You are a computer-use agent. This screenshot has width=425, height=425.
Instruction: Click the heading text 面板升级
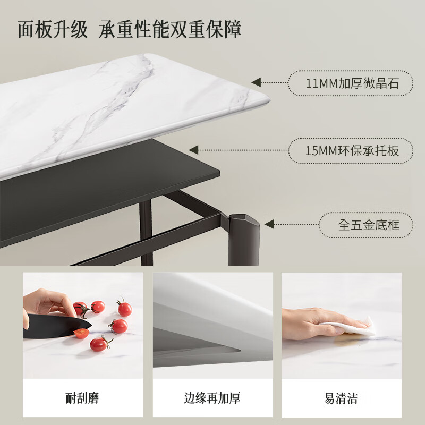tap(53, 30)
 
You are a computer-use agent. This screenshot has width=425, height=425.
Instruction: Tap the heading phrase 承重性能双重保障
tap(170, 30)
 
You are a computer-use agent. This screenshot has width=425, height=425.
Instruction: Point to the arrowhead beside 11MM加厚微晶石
tap(257, 82)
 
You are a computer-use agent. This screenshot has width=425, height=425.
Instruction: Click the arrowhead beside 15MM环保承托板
tap(194, 150)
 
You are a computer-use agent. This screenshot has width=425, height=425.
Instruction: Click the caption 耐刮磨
tap(83, 397)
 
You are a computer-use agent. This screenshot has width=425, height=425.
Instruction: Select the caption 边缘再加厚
tap(212, 397)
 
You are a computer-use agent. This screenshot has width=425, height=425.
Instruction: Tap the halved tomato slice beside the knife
tap(81, 333)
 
